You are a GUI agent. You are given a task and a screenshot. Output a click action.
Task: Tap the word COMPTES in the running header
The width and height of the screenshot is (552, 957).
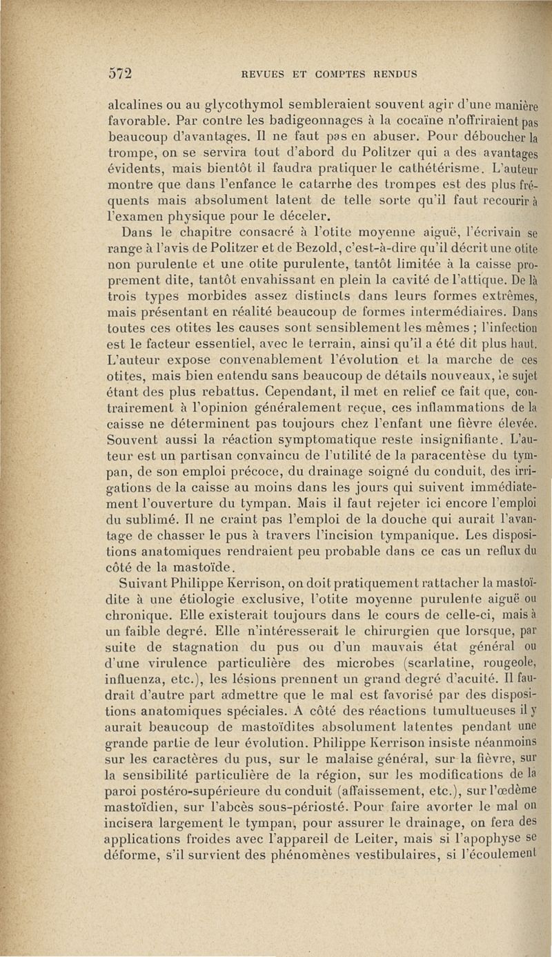coord(333,75)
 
